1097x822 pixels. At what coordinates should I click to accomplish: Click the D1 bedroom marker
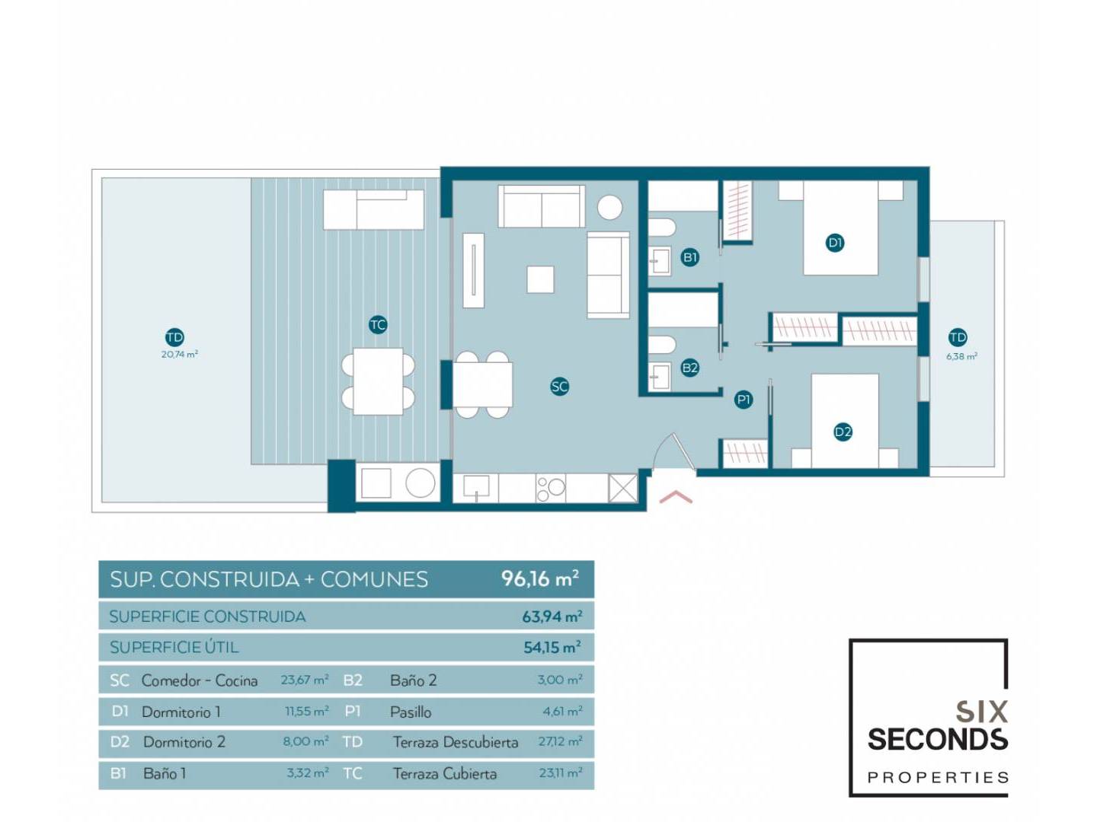tap(835, 243)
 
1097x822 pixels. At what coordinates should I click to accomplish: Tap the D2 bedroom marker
tap(843, 432)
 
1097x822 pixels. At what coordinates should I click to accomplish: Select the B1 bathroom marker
tap(690, 257)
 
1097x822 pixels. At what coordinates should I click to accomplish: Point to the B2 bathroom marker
tap(689, 368)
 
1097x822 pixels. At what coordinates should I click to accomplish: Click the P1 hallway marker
tap(744, 400)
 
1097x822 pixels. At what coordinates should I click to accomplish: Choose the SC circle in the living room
tap(559, 387)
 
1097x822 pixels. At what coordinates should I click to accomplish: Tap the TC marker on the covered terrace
tap(378, 325)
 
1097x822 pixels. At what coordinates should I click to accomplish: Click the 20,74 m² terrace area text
tap(180, 355)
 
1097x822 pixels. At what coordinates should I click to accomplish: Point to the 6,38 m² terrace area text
tap(961, 356)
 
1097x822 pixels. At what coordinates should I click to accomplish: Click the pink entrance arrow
tap(676, 496)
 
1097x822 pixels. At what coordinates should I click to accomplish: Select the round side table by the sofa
tap(609, 207)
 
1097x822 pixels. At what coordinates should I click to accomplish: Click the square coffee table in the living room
tap(540, 279)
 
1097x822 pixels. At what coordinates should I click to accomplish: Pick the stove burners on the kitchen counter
tap(550, 488)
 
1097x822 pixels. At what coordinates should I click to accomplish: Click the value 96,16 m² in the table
tap(540, 579)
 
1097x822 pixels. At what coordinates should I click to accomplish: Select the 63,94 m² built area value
tap(552, 616)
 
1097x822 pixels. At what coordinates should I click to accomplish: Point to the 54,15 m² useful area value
tap(552, 647)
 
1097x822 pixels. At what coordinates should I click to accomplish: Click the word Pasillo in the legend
tap(411, 712)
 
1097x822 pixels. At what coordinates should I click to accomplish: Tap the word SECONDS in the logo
tap(938, 740)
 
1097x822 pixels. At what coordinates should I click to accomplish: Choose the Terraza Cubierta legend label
tap(445, 774)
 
